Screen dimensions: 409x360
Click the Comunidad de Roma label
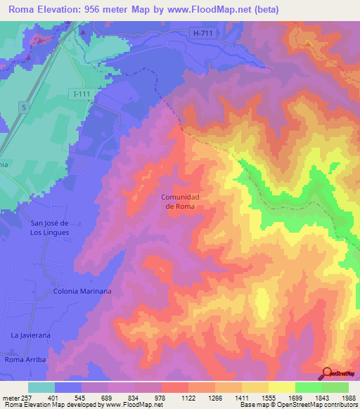pyautogui.click(x=181, y=202)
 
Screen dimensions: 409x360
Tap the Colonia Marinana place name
pyautogui.click(x=82, y=291)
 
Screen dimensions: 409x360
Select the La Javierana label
pyautogui.click(x=30, y=336)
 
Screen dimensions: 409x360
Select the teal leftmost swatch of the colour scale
pyautogui.click(x=41, y=387)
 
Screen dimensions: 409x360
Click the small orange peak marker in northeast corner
pyautogui.click(x=308, y=44)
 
